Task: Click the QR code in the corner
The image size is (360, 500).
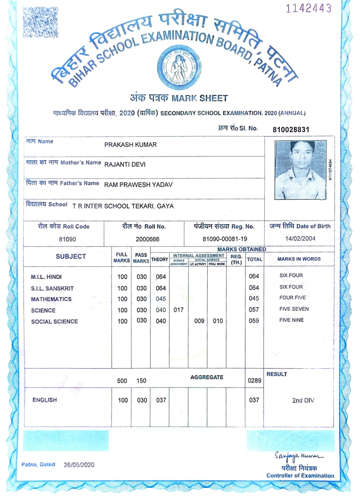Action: click(x=40, y=22)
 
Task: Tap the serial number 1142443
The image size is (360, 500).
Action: click(x=308, y=8)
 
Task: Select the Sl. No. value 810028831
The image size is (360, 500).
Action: click(x=291, y=129)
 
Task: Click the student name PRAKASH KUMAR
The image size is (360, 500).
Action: click(x=130, y=145)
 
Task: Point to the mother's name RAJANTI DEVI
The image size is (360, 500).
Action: click(x=125, y=164)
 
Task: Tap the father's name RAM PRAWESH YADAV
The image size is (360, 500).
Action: click(x=138, y=185)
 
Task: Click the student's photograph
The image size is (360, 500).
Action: click(x=300, y=170)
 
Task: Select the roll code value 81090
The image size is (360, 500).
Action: click(x=67, y=239)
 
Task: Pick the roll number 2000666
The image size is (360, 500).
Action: click(x=147, y=239)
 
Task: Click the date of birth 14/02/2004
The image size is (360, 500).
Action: click(x=300, y=238)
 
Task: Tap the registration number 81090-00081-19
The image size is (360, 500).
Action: click(x=225, y=239)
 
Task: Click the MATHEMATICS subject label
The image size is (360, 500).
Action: click(x=51, y=299)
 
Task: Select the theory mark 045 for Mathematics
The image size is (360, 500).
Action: click(x=161, y=299)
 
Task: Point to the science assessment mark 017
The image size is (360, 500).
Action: click(x=178, y=310)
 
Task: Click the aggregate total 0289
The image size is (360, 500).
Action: click(x=254, y=380)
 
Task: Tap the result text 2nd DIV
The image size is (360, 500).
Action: click(x=303, y=400)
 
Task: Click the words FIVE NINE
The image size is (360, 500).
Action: click(x=291, y=320)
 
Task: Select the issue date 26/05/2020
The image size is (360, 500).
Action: click(x=79, y=465)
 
